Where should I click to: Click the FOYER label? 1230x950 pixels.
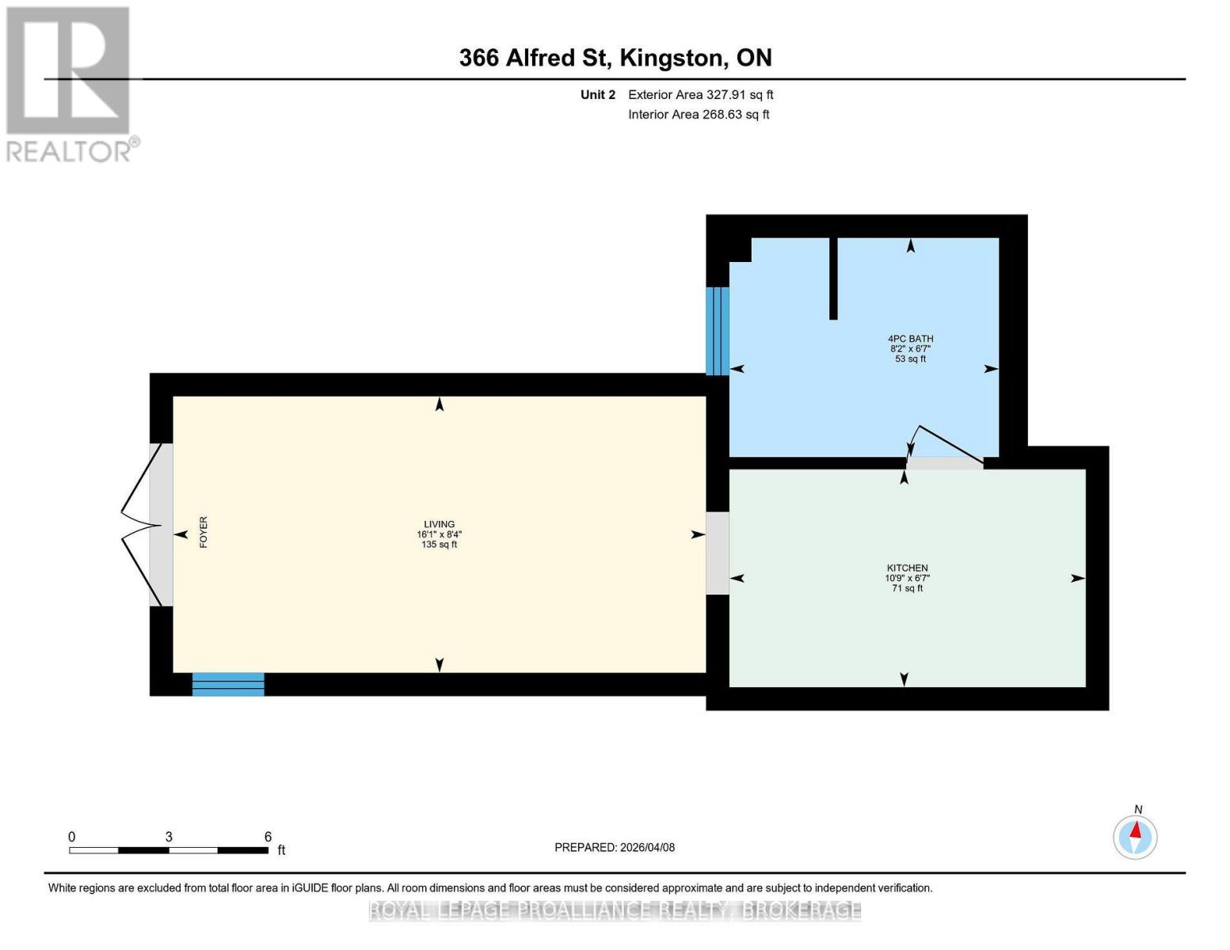[204, 532]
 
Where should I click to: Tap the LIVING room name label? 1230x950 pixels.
[440, 525]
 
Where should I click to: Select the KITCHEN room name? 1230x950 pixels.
[907, 568]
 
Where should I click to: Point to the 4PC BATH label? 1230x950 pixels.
[910, 339]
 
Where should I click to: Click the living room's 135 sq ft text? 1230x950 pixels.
[440, 545]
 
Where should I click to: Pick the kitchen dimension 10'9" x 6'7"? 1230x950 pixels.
[908, 578]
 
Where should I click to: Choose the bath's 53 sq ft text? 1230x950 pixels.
[910, 359]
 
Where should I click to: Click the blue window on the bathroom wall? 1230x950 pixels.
[717, 331]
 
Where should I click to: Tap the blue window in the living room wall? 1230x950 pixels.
[228, 684]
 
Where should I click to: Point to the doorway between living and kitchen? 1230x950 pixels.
[717, 553]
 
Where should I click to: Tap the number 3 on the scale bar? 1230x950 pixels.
[169, 837]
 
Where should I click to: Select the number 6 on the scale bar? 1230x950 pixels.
[268, 837]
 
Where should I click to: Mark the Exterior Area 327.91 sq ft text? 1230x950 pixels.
[700, 94]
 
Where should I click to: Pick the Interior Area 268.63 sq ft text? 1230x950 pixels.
[699, 114]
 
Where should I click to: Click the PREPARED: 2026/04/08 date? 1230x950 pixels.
[614, 848]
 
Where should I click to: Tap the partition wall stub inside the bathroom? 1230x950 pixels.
[833, 279]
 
